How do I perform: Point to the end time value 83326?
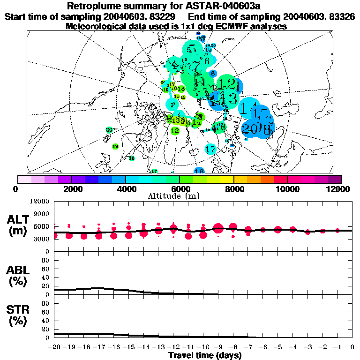[341, 17]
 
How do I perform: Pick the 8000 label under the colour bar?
[233, 189]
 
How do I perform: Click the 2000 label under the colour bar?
[71, 189]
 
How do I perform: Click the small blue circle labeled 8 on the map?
[213, 74]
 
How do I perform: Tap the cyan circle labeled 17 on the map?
[210, 150]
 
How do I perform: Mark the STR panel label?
[17, 314]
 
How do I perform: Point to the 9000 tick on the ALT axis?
[42, 214]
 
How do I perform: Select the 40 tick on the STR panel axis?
[45, 320]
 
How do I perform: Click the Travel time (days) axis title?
[205, 355]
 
